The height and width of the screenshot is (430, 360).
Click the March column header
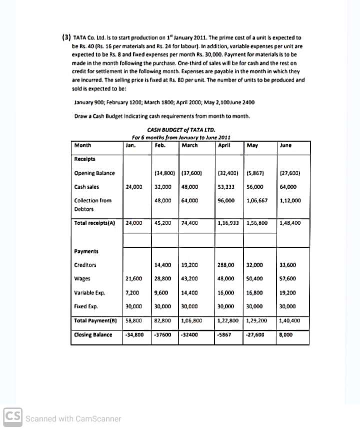[189, 146]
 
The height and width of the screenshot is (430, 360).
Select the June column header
[286, 146]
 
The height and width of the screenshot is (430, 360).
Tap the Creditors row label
[85, 265]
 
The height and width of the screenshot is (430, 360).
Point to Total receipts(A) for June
[290, 223]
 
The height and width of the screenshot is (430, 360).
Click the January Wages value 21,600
[133, 279]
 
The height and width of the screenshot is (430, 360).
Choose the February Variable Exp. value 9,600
[161, 292]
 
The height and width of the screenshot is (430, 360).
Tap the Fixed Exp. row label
[86, 306]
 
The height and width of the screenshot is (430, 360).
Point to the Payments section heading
[86, 251]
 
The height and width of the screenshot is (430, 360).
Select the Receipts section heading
[85, 159]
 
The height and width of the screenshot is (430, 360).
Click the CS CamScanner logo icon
[12, 417]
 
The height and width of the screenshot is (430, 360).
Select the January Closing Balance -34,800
[134, 335]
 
